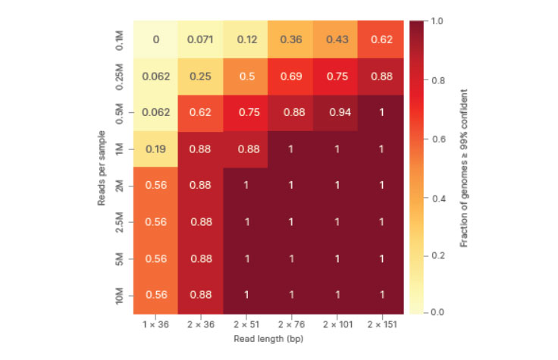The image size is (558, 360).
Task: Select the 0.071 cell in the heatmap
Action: (200, 39)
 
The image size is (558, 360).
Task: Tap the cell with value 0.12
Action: (246, 39)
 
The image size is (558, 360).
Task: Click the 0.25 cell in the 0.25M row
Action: (200, 76)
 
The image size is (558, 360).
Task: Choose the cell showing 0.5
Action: (246, 76)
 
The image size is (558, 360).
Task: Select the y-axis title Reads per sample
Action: (102, 167)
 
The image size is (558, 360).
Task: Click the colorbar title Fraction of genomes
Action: (463, 167)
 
